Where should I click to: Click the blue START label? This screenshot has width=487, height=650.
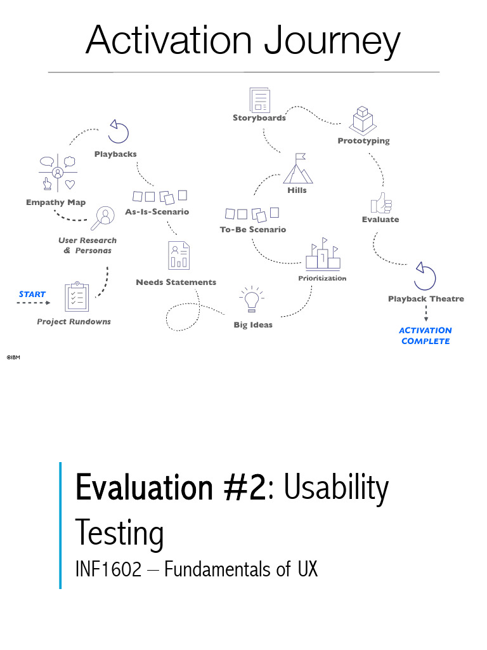tap(32, 294)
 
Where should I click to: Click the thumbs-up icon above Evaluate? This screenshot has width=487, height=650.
tap(380, 203)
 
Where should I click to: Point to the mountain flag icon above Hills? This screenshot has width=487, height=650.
tap(297, 168)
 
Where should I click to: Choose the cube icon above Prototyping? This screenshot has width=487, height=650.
tap(362, 119)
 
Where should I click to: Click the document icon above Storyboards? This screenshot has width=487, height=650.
tap(259, 100)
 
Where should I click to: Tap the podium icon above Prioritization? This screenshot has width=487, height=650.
tap(323, 255)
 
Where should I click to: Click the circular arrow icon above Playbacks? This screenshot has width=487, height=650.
tap(118, 132)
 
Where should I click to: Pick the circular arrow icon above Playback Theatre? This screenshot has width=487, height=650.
tap(425, 275)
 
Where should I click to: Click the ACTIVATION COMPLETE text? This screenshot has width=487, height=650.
tap(425, 336)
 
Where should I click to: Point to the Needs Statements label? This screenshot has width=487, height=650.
tap(176, 282)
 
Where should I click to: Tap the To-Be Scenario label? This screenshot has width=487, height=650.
tap(253, 229)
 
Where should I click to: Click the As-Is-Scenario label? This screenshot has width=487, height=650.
tap(157, 211)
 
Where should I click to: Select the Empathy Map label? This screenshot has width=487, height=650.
tap(56, 202)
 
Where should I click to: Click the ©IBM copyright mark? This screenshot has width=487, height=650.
tap(13, 357)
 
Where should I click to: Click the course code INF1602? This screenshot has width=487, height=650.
tap(108, 569)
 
